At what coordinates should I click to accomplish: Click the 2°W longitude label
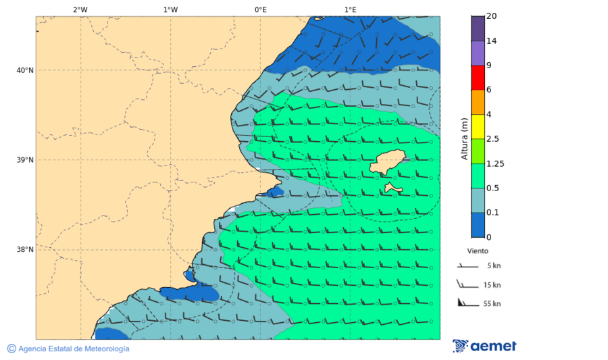(80, 9)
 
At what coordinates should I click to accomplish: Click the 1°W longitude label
(170, 9)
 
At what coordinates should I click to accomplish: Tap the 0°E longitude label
(260, 9)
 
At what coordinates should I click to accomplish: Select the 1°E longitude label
(350, 9)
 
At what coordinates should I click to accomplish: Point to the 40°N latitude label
(25, 70)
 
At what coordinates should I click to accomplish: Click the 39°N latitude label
(25, 160)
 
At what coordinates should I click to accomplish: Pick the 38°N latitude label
(25, 250)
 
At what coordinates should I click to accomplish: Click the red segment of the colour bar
(478, 78)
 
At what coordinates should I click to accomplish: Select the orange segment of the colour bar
(478, 102)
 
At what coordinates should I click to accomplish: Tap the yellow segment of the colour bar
(478, 126)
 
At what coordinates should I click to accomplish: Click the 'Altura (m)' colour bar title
(464, 138)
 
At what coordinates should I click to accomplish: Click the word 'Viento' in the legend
(477, 251)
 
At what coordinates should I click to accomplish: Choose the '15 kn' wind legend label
(492, 285)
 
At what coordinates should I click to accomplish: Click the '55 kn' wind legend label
(492, 304)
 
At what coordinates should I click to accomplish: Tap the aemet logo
(484, 346)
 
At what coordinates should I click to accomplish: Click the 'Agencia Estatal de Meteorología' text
(73, 349)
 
